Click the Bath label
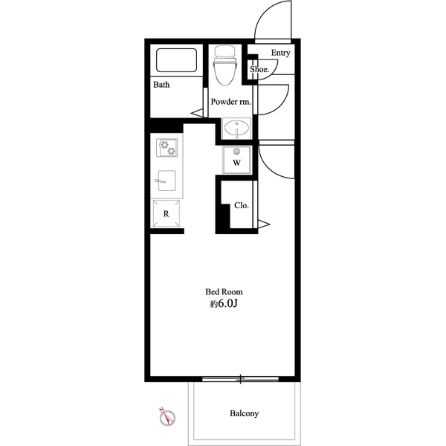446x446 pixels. point(161,85)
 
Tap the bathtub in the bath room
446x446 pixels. point(176,60)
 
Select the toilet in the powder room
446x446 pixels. point(224,65)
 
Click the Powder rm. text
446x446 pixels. point(231,102)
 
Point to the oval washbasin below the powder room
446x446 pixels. point(236,129)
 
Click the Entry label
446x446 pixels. point(280,53)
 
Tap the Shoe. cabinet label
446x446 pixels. point(259,69)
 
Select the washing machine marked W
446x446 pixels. point(236,160)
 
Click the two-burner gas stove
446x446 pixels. point(167,148)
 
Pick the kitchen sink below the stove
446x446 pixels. point(167,181)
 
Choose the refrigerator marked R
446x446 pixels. point(167,213)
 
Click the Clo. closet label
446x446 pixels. point(242,205)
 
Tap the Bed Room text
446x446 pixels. point(224,292)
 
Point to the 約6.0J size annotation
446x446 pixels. point(224,304)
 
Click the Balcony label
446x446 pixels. point(245,413)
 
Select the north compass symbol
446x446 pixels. point(167,417)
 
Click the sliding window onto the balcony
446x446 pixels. point(240,379)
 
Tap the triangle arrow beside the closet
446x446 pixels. point(264,224)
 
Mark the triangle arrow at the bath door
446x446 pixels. point(197,113)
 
